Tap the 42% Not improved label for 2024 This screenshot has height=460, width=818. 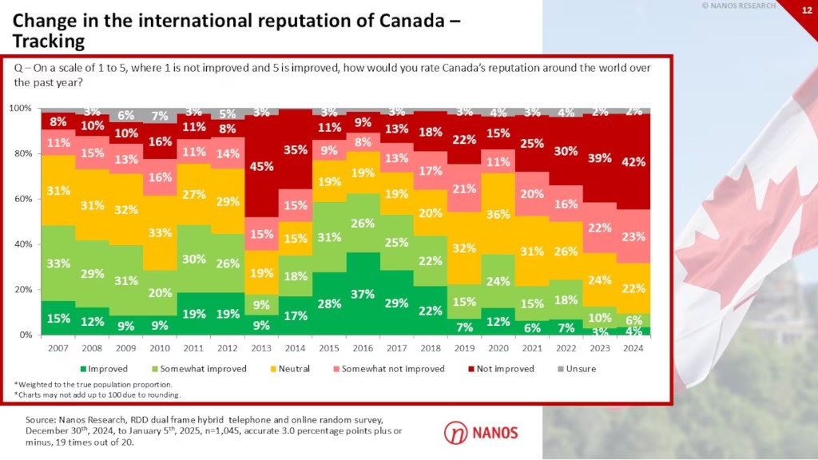click(633, 162)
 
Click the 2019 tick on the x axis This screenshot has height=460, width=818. click(464, 348)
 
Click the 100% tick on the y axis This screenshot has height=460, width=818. click(20, 108)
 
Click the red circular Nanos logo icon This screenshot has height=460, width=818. click(455, 432)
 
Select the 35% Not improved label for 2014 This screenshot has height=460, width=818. click(295, 149)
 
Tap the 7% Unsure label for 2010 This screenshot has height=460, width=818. click(159, 116)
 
